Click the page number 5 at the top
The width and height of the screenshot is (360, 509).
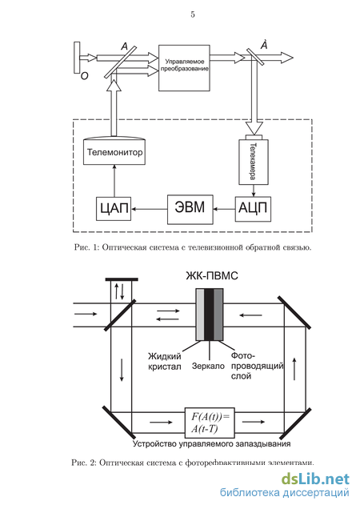tap(193, 14)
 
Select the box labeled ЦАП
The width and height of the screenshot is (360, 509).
tap(114, 208)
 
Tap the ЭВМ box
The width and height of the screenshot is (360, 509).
tap(190, 210)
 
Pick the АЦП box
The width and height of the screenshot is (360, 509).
tap(253, 209)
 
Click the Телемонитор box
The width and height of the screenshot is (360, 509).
tap(114, 151)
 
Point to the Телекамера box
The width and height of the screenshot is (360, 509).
tap(254, 162)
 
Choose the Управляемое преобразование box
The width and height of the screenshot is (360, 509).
tap(184, 68)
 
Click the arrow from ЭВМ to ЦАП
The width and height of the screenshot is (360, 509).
tap(149, 210)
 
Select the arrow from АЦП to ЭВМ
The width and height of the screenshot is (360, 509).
tap(224, 210)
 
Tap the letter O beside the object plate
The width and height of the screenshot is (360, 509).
tap(84, 76)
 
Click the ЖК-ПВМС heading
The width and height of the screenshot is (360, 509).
tap(212, 276)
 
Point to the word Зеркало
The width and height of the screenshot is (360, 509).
tap(208, 366)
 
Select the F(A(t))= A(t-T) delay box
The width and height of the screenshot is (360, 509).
tap(210, 423)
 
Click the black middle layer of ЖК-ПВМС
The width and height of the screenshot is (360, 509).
tap(209, 315)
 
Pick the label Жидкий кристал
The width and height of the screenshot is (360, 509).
tap(165, 361)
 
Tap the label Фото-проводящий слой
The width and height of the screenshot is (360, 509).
tap(257, 366)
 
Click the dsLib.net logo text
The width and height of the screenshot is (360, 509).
tap(315, 479)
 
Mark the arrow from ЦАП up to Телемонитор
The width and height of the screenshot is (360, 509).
tap(114, 181)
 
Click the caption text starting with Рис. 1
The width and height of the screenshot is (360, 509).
tap(193, 247)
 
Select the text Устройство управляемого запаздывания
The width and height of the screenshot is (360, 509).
tap(212, 443)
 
